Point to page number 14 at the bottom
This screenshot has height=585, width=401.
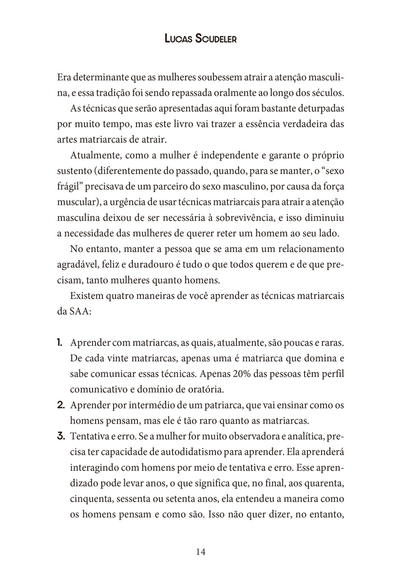pos(201,552)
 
